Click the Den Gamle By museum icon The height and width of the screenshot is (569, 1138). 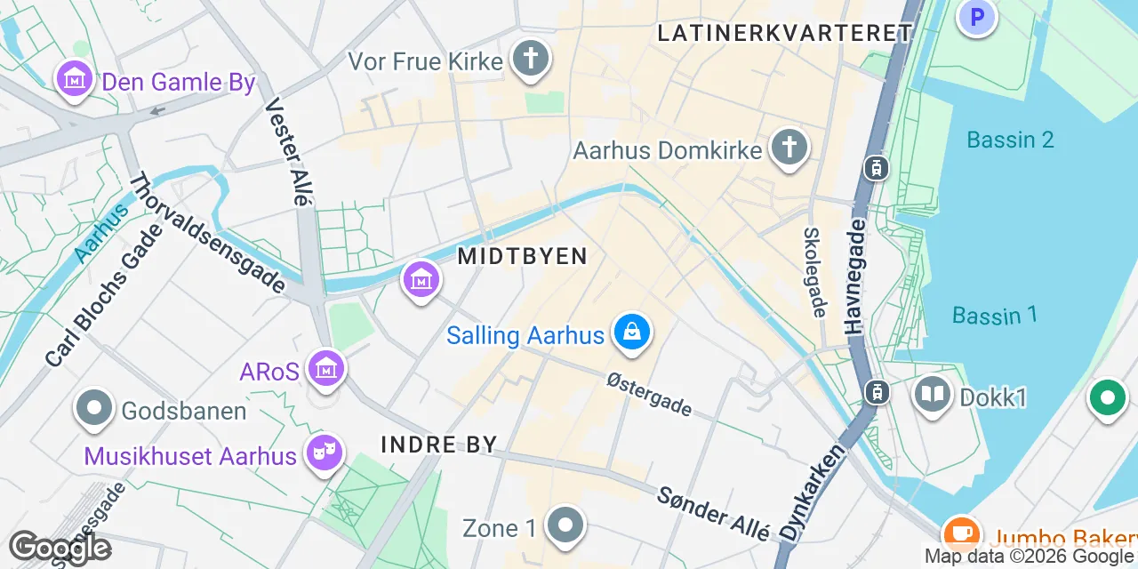pyautogui.click(x=75, y=80)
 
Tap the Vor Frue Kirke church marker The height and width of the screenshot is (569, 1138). pyautogui.click(x=531, y=60)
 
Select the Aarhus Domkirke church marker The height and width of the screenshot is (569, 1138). pyautogui.click(x=788, y=148)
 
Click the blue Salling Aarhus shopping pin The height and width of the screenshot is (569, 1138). pyautogui.click(x=631, y=333)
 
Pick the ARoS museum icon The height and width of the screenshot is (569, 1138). pyautogui.click(x=325, y=368)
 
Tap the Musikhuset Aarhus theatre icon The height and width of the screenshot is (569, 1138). pyautogui.click(x=325, y=453)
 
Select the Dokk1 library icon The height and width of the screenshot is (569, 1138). pyautogui.click(x=933, y=395)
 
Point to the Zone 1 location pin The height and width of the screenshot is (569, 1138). pyautogui.click(x=565, y=526)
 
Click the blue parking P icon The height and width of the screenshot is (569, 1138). pyautogui.click(x=977, y=16)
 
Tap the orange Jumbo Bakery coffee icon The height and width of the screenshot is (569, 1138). pyautogui.click(x=960, y=533)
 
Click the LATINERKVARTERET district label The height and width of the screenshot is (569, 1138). pyautogui.click(x=785, y=34)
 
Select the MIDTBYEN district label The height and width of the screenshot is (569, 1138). pyautogui.click(x=523, y=257)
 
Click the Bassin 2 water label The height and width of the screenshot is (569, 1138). pyautogui.click(x=1010, y=140)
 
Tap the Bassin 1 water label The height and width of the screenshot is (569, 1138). pyautogui.click(x=995, y=315)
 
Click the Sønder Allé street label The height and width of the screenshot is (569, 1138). pyautogui.click(x=713, y=513)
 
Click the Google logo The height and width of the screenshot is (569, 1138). pyautogui.click(x=60, y=549)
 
